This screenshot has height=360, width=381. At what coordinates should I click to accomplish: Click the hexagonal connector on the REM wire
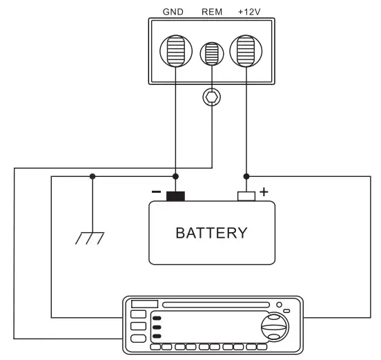tap(211, 97)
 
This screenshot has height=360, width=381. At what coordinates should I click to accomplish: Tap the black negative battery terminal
tap(175, 196)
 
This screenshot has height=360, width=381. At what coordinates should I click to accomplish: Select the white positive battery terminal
tap(246, 196)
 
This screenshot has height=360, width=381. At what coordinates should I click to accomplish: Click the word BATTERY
tap(211, 233)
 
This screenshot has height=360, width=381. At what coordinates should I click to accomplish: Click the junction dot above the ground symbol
tap(92, 177)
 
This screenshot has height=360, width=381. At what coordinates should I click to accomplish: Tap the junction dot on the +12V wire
tap(246, 177)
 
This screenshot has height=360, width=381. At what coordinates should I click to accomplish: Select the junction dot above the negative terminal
tap(175, 177)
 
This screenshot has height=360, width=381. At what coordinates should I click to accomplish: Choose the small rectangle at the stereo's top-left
tap(145, 305)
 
